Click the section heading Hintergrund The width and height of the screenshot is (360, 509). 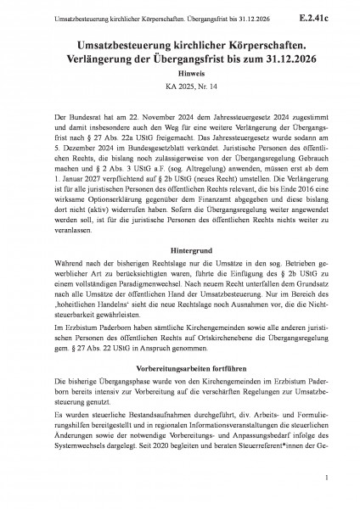pos(180,230)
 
